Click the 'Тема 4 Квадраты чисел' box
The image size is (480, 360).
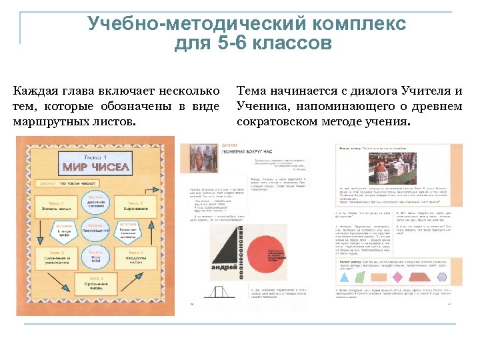(x=134, y=257)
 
